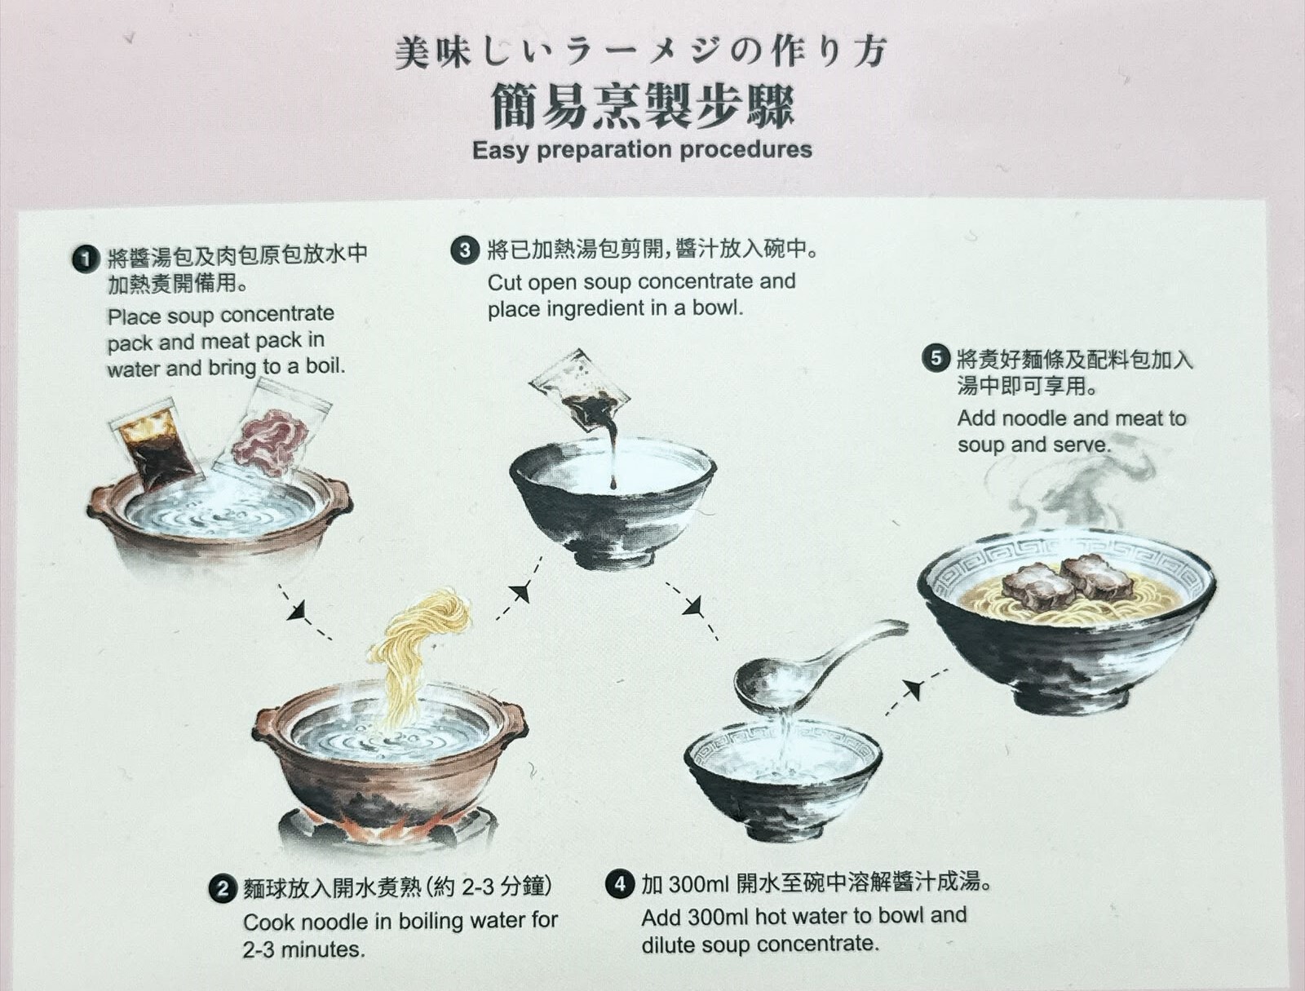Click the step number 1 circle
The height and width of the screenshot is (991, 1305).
(x=85, y=259)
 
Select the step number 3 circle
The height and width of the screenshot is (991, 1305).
(x=465, y=250)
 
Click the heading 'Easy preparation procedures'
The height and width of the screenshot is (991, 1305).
(x=642, y=150)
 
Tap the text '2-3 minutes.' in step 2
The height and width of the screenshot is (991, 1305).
(x=303, y=949)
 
